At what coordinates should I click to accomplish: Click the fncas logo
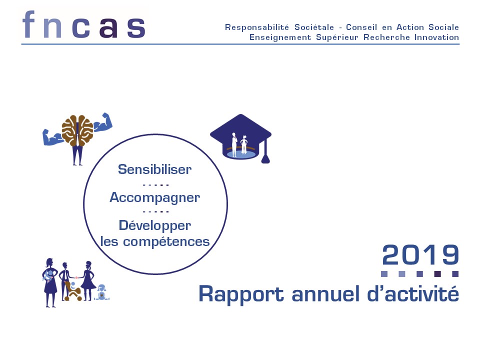(x=83, y=25)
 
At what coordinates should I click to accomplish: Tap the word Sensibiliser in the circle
(x=155, y=169)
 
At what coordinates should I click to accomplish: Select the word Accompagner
(x=155, y=198)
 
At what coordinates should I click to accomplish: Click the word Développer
(x=155, y=226)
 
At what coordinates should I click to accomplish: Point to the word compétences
(x=166, y=242)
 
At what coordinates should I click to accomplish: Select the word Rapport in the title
(x=241, y=294)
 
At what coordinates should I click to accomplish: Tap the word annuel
(x=325, y=293)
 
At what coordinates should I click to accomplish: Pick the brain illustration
(x=77, y=130)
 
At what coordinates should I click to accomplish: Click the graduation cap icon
(x=240, y=138)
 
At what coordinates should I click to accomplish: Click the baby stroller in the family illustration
(x=73, y=291)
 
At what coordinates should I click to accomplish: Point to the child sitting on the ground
(x=101, y=292)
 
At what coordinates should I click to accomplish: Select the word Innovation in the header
(x=436, y=37)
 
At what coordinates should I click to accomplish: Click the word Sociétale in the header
(x=314, y=27)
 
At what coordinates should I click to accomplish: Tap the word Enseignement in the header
(x=280, y=37)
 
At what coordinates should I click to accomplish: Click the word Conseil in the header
(x=361, y=27)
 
